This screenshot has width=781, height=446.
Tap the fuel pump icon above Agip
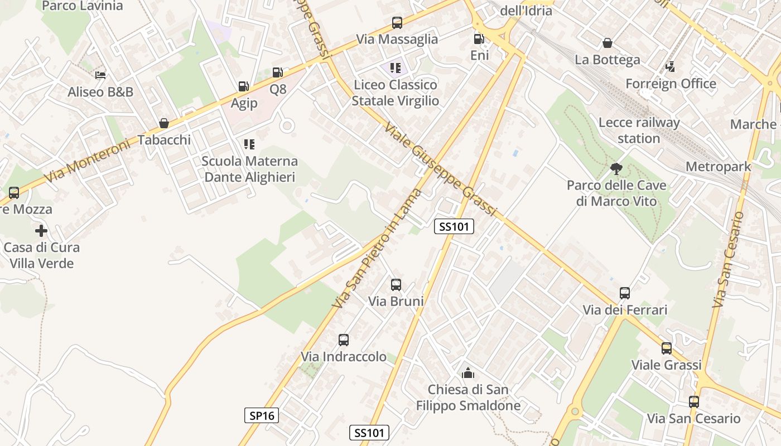click(243, 86)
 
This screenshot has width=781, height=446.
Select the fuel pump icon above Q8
click(277, 72)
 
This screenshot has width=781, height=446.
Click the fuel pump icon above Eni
click(478, 39)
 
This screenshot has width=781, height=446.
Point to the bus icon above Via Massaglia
click(397, 23)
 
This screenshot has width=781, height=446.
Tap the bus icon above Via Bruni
click(396, 285)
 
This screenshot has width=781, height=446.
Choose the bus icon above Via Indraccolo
click(344, 340)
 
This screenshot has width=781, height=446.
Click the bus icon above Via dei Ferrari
click(625, 293)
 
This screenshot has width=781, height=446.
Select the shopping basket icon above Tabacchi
click(164, 123)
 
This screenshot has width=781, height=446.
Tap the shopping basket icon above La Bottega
click(608, 43)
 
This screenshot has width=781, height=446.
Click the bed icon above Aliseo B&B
click(100, 75)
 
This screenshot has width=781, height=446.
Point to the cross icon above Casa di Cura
click(41, 230)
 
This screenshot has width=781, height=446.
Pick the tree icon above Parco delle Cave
click(616, 168)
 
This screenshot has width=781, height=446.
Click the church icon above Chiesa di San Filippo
click(467, 372)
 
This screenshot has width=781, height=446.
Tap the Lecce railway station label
click(639, 130)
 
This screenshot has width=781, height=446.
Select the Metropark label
click(718, 166)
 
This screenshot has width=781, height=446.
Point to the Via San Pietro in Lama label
click(377, 249)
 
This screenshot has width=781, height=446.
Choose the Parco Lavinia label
click(82, 6)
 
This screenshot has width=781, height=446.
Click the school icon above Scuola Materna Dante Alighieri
click(249, 144)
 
